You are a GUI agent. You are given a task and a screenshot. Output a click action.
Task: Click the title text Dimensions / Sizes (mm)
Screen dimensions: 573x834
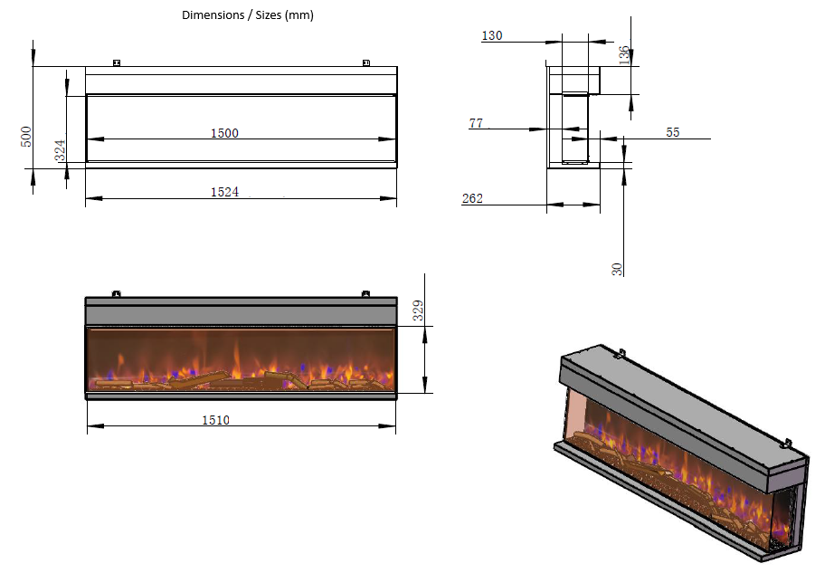(x=248, y=14)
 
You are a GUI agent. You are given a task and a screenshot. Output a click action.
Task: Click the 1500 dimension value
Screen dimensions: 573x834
(x=224, y=133)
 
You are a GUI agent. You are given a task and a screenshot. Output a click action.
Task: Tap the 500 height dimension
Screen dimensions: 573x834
(x=26, y=137)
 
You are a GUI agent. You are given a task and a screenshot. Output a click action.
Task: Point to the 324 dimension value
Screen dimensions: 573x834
(x=61, y=150)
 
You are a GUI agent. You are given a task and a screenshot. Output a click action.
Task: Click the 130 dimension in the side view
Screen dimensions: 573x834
(x=492, y=36)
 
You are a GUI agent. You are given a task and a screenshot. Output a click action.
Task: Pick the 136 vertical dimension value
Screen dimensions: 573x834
(x=624, y=53)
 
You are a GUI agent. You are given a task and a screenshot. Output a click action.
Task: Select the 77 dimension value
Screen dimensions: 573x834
(x=476, y=123)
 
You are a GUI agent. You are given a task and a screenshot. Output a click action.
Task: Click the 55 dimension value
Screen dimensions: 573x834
(x=672, y=132)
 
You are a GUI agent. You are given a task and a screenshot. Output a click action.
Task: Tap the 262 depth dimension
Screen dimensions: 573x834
(x=472, y=198)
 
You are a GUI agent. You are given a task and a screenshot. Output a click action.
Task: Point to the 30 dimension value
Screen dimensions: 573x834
(x=617, y=269)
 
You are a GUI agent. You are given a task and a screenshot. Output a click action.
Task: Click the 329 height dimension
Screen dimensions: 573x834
(x=418, y=310)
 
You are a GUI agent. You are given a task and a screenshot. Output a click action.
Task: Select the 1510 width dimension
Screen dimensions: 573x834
(x=215, y=420)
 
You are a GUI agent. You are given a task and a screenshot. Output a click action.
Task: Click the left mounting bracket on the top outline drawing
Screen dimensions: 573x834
(x=116, y=62)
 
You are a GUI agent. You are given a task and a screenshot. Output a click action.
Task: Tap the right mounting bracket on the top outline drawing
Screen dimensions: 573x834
(x=365, y=62)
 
